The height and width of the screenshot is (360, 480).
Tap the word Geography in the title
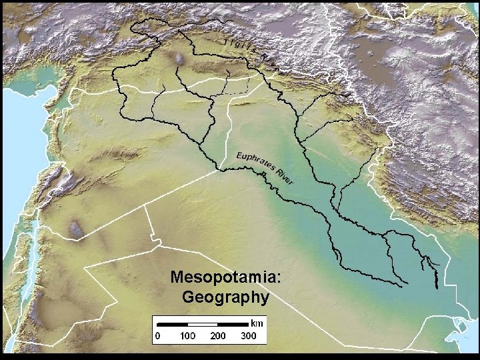(225, 296)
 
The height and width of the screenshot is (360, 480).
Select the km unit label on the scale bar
(257, 322)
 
